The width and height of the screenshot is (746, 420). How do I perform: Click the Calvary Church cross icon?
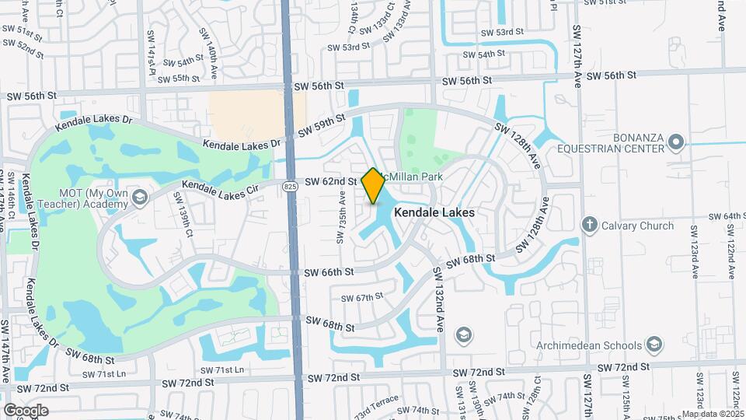(x=590, y=226)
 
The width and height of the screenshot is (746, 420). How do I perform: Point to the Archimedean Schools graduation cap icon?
(x=654, y=345)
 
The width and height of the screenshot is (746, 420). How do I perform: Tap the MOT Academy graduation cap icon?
(x=139, y=194)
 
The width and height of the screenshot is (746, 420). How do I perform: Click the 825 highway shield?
(x=290, y=186)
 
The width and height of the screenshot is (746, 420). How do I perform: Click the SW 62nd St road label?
(x=330, y=182)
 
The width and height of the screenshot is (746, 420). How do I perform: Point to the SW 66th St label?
(x=329, y=272)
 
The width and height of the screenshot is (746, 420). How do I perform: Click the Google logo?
(x=26, y=410)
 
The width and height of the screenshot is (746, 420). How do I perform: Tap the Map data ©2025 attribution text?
(x=713, y=414)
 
